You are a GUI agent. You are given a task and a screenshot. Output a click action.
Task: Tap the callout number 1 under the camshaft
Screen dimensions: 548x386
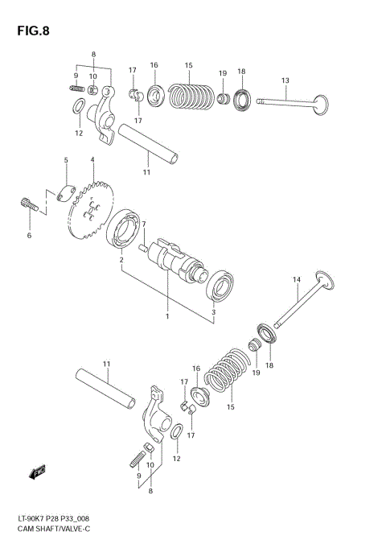[x=167, y=315]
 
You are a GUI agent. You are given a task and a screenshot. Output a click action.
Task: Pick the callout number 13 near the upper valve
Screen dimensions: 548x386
[x=285, y=80]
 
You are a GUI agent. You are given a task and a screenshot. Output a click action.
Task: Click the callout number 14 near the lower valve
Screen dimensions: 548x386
[x=296, y=279]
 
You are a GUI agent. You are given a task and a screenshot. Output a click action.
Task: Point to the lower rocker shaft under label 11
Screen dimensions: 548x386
[x=107, y=387]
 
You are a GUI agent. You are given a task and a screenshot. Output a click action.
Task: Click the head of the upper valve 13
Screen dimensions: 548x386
[x=320, y=106]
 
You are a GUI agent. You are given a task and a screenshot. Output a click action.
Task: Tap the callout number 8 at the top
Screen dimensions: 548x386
[x=93, y=55]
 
